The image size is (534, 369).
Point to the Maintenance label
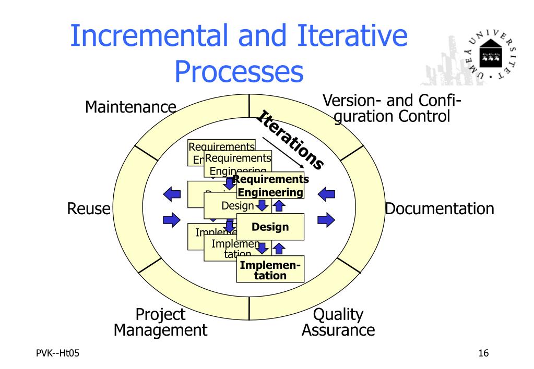pos(130,108)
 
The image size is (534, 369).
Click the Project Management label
pos(161,322)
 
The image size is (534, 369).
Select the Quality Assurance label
pos(338,322)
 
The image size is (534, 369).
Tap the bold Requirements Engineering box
pos(270,186)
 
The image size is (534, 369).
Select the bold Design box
pos(270,227)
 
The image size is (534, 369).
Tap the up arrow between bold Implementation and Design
pos(278,247)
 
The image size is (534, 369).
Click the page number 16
pos(483,354)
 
